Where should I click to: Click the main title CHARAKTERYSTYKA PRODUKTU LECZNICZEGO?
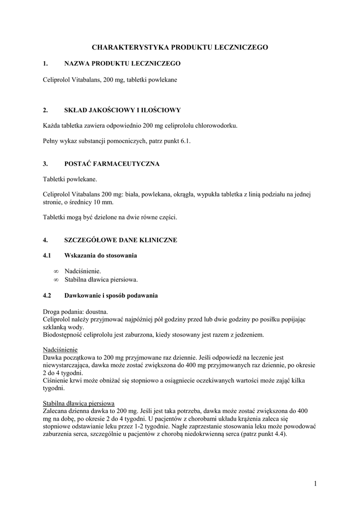pos(180,47)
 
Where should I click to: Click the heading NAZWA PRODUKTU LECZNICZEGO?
pos(122,64)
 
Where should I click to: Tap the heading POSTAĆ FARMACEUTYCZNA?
pos(112,164)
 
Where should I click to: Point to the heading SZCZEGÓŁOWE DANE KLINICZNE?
pos(121,240)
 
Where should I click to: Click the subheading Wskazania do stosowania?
pos(100,255)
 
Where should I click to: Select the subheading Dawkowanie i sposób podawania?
pos(111,296)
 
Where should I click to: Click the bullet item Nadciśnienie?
pos(83,271)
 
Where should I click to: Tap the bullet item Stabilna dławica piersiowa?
pos(101,279)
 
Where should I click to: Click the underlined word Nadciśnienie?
pos(60,349)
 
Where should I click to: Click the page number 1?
pos(315,483)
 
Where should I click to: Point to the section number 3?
pos(45,164)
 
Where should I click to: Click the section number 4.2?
pos(48,296)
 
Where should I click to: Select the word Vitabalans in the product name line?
pos(84,80)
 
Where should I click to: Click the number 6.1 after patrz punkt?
pos(185,141)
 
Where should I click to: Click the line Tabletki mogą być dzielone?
pos(110,217)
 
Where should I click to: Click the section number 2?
pos(45,110)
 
